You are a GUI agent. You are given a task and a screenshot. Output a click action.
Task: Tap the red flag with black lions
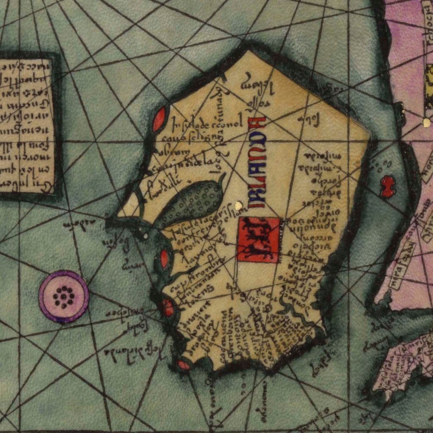click(x=258, y=240)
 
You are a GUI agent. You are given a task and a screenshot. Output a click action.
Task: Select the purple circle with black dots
click(x=63, y=296)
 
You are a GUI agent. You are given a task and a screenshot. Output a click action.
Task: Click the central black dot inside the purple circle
click(x=63, y=296)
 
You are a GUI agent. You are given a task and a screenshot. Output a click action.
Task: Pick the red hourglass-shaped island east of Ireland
click(x=387, y=187)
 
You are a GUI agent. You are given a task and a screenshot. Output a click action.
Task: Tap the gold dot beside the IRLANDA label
click(x=238, y=206)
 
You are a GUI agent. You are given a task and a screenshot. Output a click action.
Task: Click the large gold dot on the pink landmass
click(x=426, y=123)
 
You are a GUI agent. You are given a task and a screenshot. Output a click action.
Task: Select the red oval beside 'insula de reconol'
click(x=159, y=119)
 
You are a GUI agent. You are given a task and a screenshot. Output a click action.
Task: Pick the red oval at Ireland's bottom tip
click(x=184, y=364)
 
